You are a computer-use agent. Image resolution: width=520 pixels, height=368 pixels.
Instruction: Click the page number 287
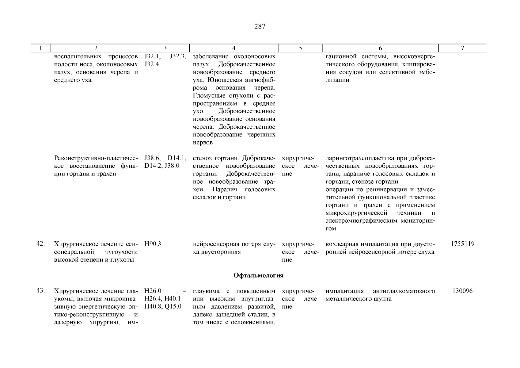260,26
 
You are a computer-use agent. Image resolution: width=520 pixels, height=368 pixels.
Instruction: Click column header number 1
40,48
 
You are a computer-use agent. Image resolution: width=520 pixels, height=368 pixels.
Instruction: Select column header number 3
165,48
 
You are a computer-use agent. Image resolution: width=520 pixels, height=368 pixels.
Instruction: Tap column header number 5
300,48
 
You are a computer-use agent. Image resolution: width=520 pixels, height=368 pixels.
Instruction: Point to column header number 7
462,48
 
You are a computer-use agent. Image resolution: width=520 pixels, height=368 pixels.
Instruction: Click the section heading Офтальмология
258,275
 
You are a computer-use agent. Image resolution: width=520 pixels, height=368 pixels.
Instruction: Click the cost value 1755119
462,244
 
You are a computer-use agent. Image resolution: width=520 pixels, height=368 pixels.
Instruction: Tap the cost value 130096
462,291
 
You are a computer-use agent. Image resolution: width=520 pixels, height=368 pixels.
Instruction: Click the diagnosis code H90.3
153,244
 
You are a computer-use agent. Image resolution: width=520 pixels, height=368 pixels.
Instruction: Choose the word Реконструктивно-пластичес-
96,158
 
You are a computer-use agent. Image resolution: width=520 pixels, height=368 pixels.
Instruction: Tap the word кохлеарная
340,244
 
